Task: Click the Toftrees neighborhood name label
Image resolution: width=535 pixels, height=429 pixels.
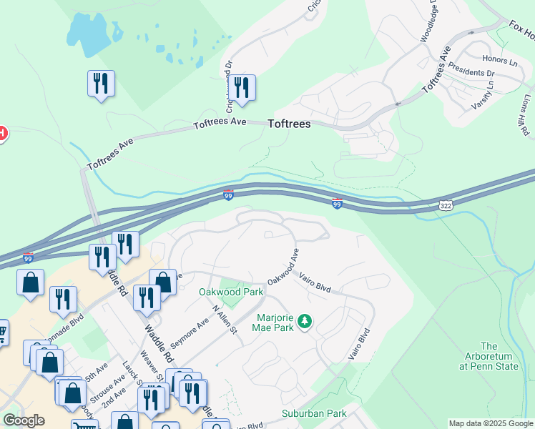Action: [289, 124]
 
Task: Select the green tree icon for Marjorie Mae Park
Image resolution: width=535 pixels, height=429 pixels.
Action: [305, 322]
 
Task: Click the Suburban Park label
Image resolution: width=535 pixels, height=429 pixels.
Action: [314, 413]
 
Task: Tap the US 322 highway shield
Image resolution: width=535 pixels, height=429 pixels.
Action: [446, 204]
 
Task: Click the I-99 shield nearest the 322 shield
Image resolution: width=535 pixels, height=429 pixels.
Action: [337, 204]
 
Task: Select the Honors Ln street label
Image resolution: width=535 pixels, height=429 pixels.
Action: [499, 61]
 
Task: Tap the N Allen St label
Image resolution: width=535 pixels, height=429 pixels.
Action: [224, 318]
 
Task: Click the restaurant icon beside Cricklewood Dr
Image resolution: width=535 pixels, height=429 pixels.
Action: [242, 88]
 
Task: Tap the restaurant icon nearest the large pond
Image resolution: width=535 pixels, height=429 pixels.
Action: [101, 83]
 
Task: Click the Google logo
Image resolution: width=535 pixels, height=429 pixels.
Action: [24, 420]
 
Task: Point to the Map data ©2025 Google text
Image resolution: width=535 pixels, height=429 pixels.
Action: [490, 423]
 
